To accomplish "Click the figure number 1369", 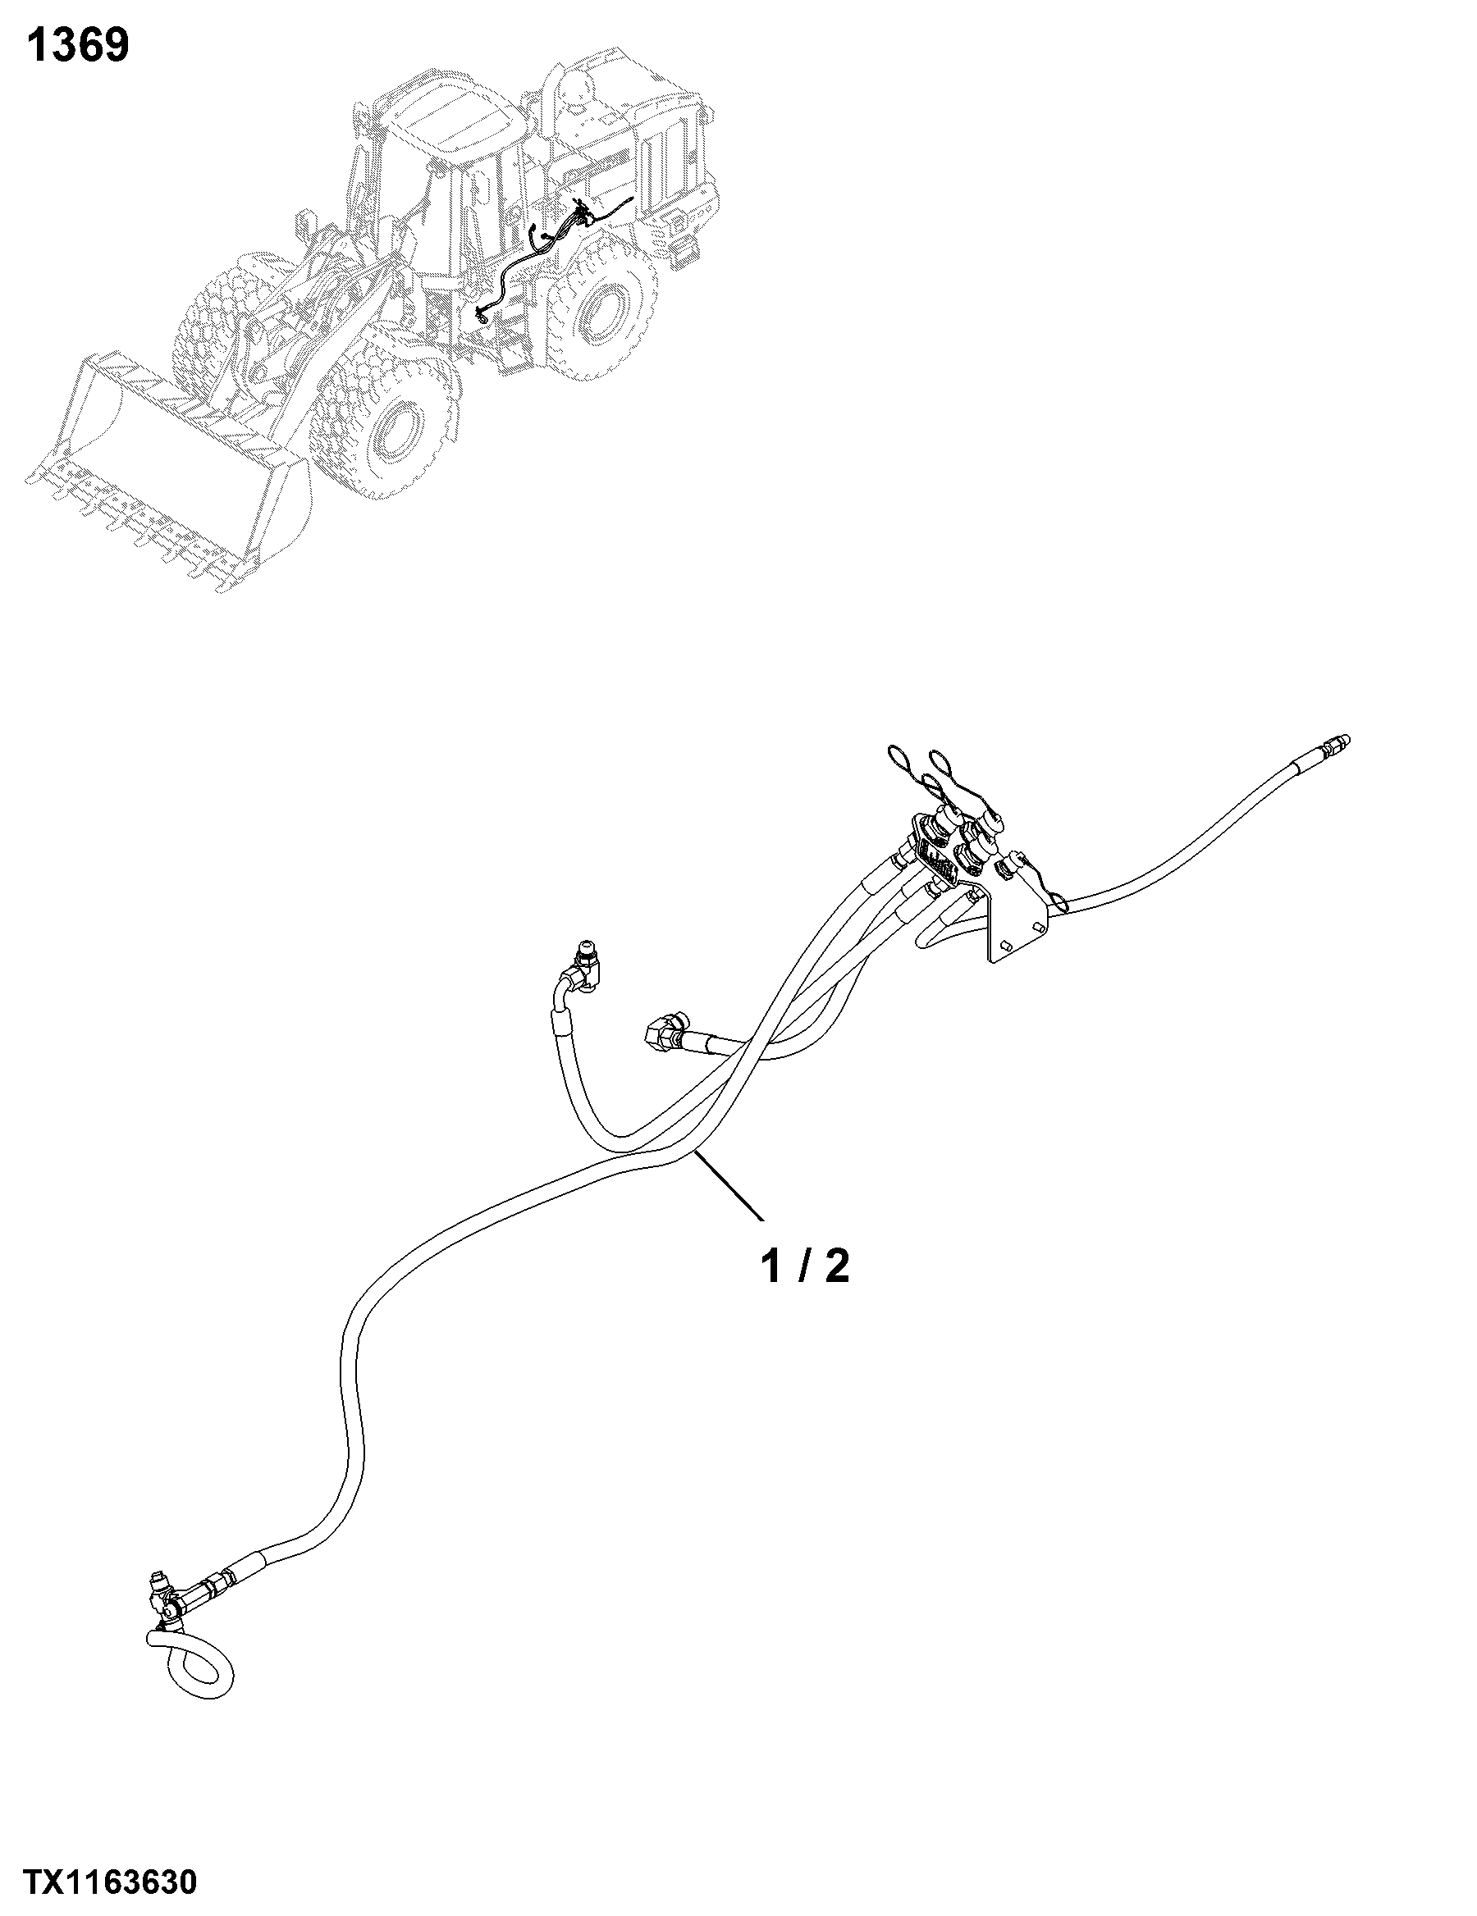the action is coord(78,45).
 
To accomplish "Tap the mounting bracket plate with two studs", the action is coord(1018,921).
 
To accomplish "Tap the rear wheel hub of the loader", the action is coord(603,308).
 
